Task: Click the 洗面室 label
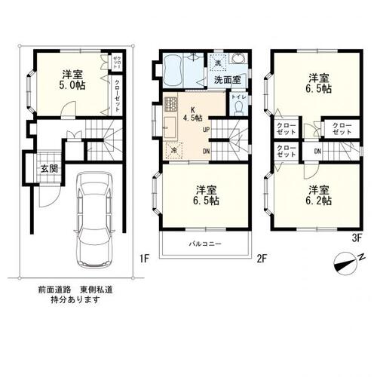coord(225,79)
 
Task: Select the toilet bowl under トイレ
coord(239,108)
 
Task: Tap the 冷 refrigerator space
coord(174,150)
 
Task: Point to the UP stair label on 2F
coord(206,130)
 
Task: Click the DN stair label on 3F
coord(317,151)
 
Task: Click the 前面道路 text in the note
coord(53,289)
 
